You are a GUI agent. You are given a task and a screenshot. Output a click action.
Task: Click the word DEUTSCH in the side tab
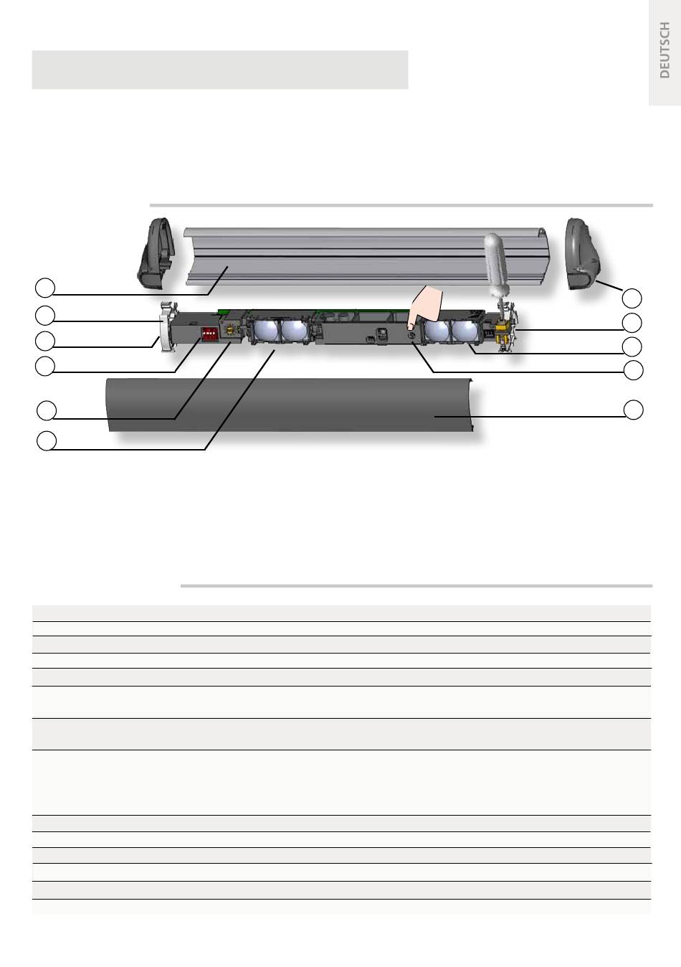(x=665, y=50)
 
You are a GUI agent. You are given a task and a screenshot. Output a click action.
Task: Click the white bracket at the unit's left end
(x=164, y=327)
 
